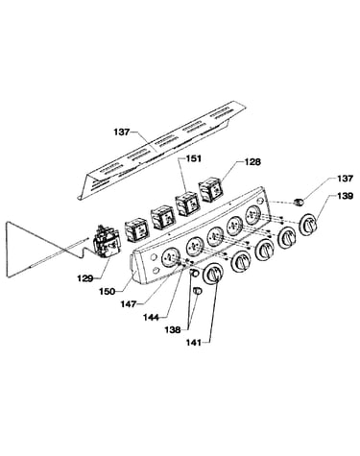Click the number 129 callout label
click(x=84, y=278)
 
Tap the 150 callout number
click(x=108, y=292)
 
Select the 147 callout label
click(x=129, y=303)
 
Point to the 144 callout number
click(x=151, y=317)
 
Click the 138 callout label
click(x=173, y=329)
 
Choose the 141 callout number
click(x=194, y=343)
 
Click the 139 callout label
click(x=345, y=196)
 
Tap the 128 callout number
click(x=252, y=162)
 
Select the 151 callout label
click(x=194, y=158)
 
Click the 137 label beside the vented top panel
click(x=122, y=132)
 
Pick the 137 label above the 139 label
click(x=345, y=179)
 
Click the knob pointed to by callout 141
click(x=213, y=275)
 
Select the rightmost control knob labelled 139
click(x=308, y=226)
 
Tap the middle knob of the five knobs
click(x=264, y=250)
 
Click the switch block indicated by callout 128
click(x=210, y=191)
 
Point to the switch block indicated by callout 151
click(x=187, y=203)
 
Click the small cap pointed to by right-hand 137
click(x=299, y=203)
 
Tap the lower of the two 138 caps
click(x=198, y=291)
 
